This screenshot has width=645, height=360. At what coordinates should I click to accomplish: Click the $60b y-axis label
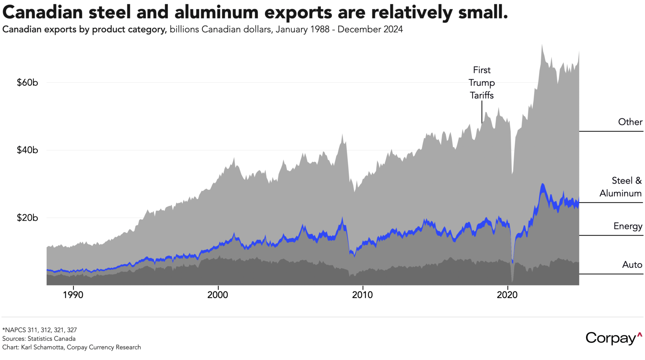(27, 82)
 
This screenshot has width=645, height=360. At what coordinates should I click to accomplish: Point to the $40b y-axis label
(27, 150)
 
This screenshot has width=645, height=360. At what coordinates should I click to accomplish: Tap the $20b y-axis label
(27, 218)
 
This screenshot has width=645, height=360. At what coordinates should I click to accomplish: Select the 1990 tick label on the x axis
(73, 295)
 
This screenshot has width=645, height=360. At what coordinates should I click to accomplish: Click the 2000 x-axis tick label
(218, 295)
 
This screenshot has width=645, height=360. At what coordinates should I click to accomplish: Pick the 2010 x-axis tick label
(363, 295)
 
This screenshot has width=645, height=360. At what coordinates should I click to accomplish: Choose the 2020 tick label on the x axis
(507, 295)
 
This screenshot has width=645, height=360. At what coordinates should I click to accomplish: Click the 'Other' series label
(630, 122)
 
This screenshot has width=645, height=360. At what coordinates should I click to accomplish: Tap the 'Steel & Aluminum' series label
(621, 187)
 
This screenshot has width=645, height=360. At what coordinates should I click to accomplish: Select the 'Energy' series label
(628, 226)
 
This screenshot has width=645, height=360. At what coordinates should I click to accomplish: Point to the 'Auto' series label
(632, 265)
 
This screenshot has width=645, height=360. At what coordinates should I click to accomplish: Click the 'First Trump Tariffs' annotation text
(482, 83)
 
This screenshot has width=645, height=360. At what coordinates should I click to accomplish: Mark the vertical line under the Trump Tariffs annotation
(482, 112)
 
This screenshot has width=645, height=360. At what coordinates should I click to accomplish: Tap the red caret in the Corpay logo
(639, 335)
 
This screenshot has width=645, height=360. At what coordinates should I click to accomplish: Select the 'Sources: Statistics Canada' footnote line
(39, 339)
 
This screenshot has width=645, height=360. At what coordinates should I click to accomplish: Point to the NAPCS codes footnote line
(40, 330)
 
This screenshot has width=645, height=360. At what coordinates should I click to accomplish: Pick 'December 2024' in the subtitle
(370, 30)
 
